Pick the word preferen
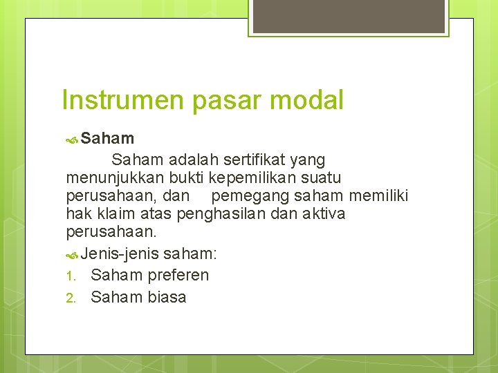tap(178, 275)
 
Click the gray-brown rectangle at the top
tap(348, 17)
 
